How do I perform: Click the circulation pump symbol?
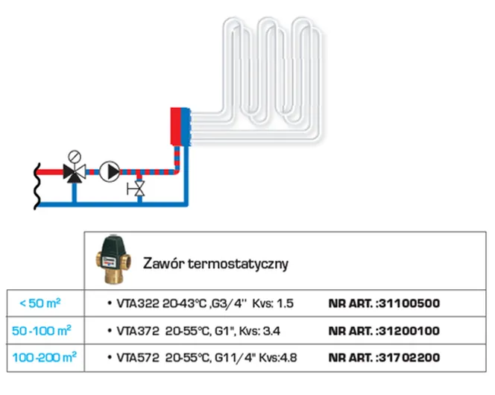pos(110,171)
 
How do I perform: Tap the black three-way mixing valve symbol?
pos(74,172)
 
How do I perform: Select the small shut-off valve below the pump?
pos(137,189)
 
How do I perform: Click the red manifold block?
pos(177,127)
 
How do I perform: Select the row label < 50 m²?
pos(40,303)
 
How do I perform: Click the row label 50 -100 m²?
pos(42,330)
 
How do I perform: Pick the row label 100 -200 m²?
pos(42,358)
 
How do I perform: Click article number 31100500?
pos(409,303)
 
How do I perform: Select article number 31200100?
pos(409,330)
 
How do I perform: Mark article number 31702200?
pos(409,358)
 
